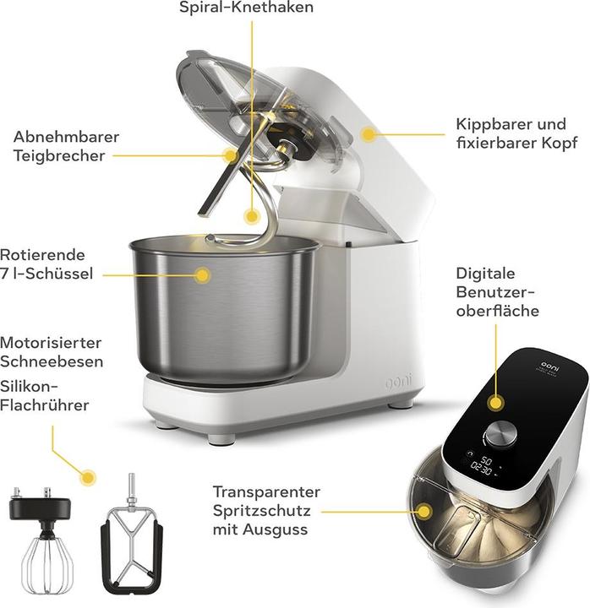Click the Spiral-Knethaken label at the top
click(x=246, y=7)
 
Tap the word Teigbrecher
click(x=59, y=156)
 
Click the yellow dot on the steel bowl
click(x=202, y=275)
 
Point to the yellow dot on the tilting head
click(x=368, y=134)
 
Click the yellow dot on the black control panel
click(x=495, y=403)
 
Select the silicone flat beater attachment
click(x=132, y=535)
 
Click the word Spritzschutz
click(x=262, y=511)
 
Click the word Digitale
click(x=485, y=274)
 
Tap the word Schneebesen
click(x=52, y=361)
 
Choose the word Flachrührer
click(x=45, y=405)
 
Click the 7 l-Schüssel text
click(x=46, y=274)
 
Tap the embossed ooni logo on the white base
click(x=399, y=381)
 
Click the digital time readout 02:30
click(x=481, y=469)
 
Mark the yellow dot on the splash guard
click(x=424, y=512)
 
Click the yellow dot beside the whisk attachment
click(x=88, y=477)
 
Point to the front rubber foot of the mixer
click(x=221, y=438)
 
